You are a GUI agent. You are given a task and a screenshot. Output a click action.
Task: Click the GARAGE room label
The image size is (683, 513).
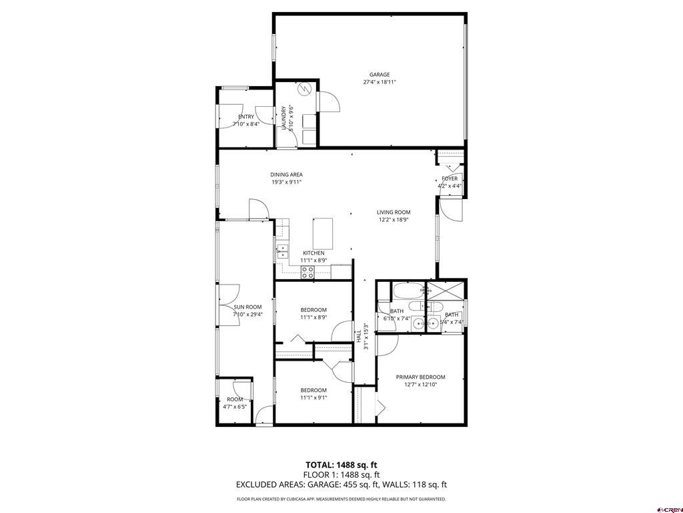[x=380, y=75]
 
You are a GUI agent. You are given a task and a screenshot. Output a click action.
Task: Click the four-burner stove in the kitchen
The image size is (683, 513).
[x=308, y=271]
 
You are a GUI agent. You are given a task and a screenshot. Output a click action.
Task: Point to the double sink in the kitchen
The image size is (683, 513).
[x=282, y=251]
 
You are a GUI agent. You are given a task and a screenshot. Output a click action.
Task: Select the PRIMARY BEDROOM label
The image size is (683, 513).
[x=420, y=377]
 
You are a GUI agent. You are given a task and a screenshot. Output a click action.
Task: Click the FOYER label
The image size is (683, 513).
[x=450, y=178]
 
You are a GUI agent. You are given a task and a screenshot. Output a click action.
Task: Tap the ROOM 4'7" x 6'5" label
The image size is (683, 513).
[x=234, y=399]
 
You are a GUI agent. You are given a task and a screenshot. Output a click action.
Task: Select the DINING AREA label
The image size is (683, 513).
[x=286, y=174]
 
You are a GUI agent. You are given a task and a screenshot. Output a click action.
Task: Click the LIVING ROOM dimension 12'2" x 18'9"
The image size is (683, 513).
[x=393, y=220]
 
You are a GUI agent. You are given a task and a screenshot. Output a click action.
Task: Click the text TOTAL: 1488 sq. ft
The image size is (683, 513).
[x=341, y=464]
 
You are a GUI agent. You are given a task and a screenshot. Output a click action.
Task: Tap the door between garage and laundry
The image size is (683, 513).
[x=329, y=102]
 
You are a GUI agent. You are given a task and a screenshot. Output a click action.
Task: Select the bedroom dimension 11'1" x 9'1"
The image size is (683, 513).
[x=313, y=398]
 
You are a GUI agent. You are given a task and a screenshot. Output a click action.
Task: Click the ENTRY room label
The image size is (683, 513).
[x=246, y=117]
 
